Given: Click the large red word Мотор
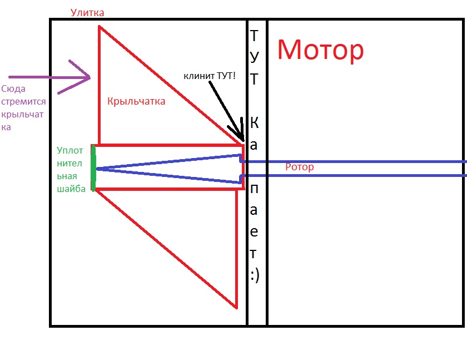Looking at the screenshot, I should pyautogui.click(x=320, y=50).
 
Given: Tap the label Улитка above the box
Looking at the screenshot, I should pyautogui.click(x=87, y=12).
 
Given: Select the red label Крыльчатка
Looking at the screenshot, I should pyautogui.click(x=136, y=102).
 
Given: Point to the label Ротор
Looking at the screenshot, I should pyautogui.click(x=299, y=167).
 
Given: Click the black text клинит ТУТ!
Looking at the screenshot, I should pyautogui.click(x=210, y=75).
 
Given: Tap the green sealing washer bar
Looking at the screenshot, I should pyautogui.click(x=93, y=167).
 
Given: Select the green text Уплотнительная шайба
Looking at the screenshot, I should pyautogui.click(x=71, y=169).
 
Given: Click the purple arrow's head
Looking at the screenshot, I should pyautogui.click(x=89, y=78).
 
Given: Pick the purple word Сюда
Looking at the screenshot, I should pyautogui.click(x=13, y=88).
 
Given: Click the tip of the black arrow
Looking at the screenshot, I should pyautogui.click(x=242, y=140).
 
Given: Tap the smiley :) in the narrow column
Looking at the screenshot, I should pyautogui.click(x=254, y=275).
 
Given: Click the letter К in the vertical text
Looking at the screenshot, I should pyautogui.click(x=254, y=122).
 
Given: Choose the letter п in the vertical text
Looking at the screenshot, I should pyautogui.click(x=254, y=189).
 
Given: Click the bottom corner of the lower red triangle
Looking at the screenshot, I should pyautogui.click(x=237, y=307).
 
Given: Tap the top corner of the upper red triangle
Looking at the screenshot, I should pyautogui.click(x=100, y=26).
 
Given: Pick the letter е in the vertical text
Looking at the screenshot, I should pyautogui.click(x=254, y=232).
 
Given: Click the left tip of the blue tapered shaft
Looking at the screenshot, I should pyautogui.click(x=97, y=168).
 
